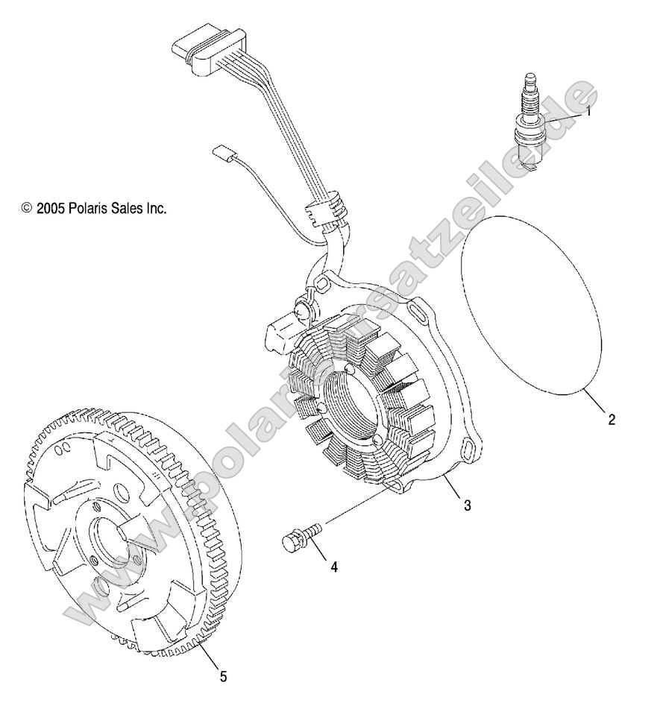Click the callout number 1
pos(588,112)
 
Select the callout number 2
pos(612,419)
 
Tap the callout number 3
pos(467,505)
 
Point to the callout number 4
pos(334,567)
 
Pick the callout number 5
pos(222,676)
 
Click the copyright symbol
pos(28,209)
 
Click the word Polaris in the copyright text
pos(91,209)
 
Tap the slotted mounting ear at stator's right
pos(471,452)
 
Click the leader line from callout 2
pos(597,403)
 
